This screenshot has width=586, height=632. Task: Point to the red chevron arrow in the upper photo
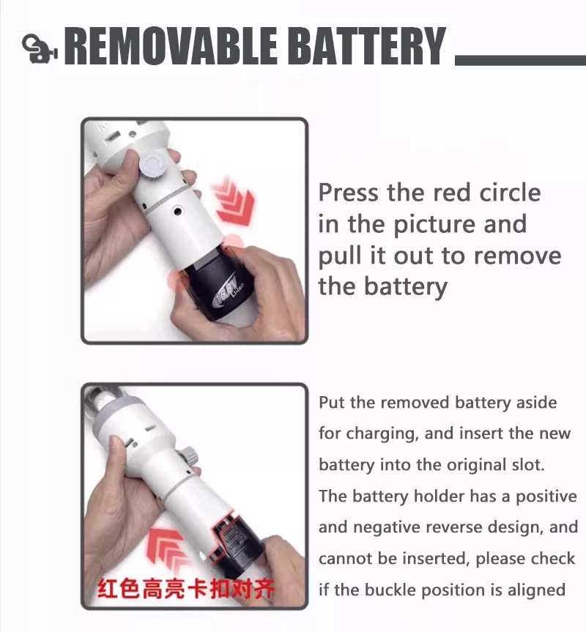point(234,201)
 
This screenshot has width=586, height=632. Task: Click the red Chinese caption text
point(186,590)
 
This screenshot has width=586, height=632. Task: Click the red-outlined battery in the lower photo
point(234,541)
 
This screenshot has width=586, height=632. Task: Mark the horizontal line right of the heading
point(520,60)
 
